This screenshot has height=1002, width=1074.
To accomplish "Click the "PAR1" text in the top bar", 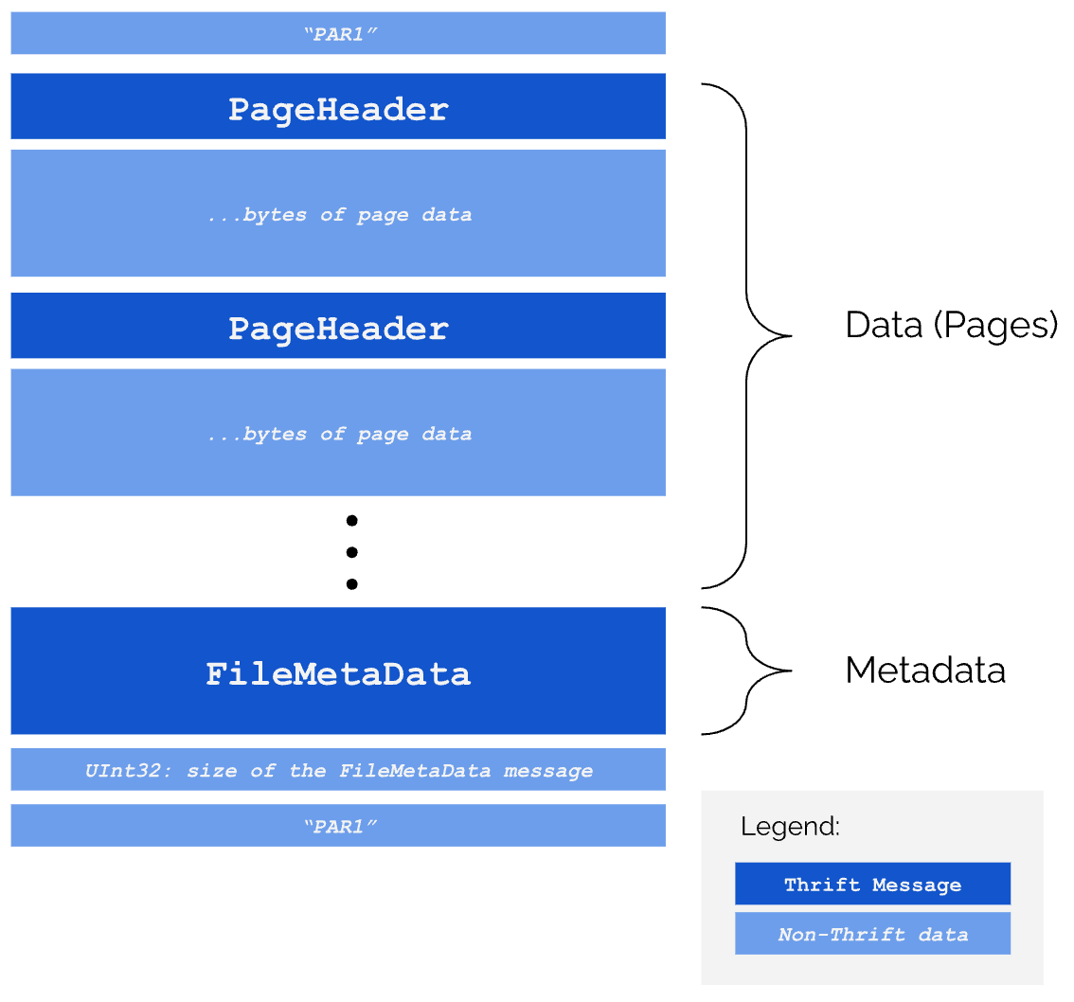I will point(340,34).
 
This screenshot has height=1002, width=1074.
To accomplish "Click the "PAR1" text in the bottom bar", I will point(340,826).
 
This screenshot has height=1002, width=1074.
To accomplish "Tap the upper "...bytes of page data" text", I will point(339,215).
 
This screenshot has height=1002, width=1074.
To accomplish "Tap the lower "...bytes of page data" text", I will point(339,435).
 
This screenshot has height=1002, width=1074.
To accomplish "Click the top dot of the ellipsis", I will point(351,520).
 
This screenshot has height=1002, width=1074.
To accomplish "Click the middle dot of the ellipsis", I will point(351,552).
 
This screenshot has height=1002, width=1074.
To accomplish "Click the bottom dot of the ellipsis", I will point(351,583).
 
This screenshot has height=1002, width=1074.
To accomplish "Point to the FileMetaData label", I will point(338,673).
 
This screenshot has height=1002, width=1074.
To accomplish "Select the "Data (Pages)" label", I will point(951,325).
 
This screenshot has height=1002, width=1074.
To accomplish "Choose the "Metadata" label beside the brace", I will point(924,671).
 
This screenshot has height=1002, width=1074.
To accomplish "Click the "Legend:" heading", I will point(790,827).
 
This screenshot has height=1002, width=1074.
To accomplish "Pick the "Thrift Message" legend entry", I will point(872,885).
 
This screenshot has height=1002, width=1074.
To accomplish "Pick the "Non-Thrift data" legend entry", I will point(872,935).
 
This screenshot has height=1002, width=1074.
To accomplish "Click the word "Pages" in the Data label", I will point(994,325).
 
